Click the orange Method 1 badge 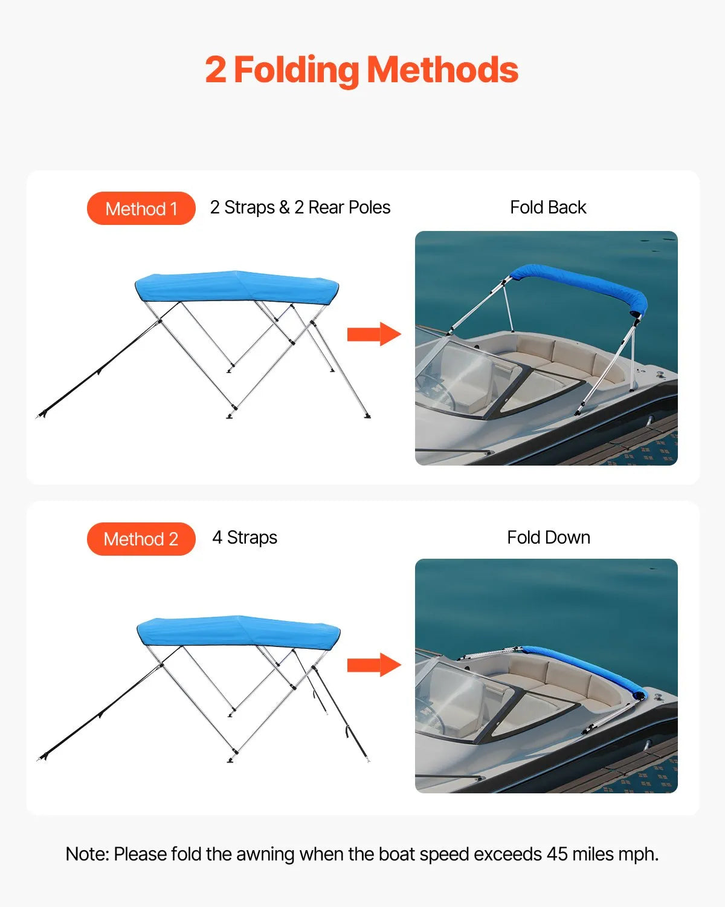[141, 209]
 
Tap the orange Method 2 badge [141, 539]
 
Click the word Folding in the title [296, 71]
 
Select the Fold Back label [548, 207]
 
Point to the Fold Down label [549, 538]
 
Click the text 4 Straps [245, 538]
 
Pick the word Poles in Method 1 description [370, 207]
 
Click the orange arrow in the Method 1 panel [373, 334]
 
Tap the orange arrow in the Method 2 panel [373, 665]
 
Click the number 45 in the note [557, 854]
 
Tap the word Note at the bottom [86, 854]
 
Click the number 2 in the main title [215, 71]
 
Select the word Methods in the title [442, 71]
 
